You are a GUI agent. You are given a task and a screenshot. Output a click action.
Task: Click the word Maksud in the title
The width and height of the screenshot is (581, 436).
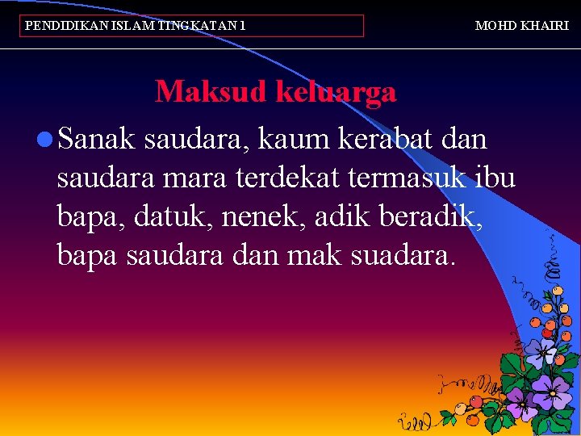click(211, 92)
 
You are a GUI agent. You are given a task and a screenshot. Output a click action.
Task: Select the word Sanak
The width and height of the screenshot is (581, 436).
click(98, 140)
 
